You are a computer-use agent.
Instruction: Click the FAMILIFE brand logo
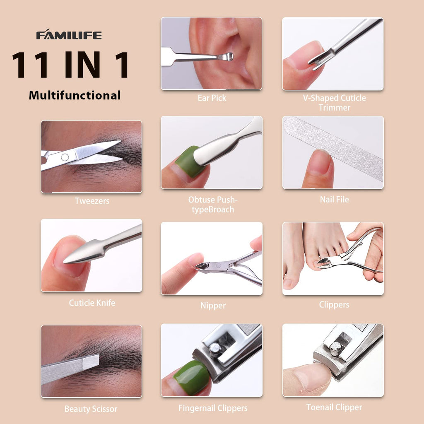point(69,35)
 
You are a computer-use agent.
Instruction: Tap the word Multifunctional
point(75,96)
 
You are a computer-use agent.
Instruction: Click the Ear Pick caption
point(212,98)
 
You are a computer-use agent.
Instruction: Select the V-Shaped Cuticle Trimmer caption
point(334,103)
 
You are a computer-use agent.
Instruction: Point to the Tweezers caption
point(92,201)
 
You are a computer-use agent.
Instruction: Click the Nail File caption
point(334,199)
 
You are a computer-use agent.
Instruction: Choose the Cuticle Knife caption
point(92,303)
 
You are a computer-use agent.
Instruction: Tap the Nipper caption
point(213,306)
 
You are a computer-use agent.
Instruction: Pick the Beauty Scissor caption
point(91,409)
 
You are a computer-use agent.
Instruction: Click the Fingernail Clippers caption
point(213,408)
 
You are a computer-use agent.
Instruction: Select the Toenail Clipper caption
point(334,407)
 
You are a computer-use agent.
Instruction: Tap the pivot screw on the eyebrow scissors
point(65,157)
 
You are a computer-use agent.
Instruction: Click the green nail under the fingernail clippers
point(192,377)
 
